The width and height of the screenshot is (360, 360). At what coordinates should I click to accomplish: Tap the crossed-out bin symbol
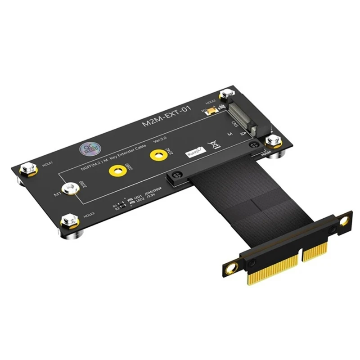point(215,145)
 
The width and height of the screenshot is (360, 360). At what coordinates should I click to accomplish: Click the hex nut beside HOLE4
point(273,141)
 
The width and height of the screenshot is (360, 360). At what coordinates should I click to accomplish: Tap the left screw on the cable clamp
point(176,175)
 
